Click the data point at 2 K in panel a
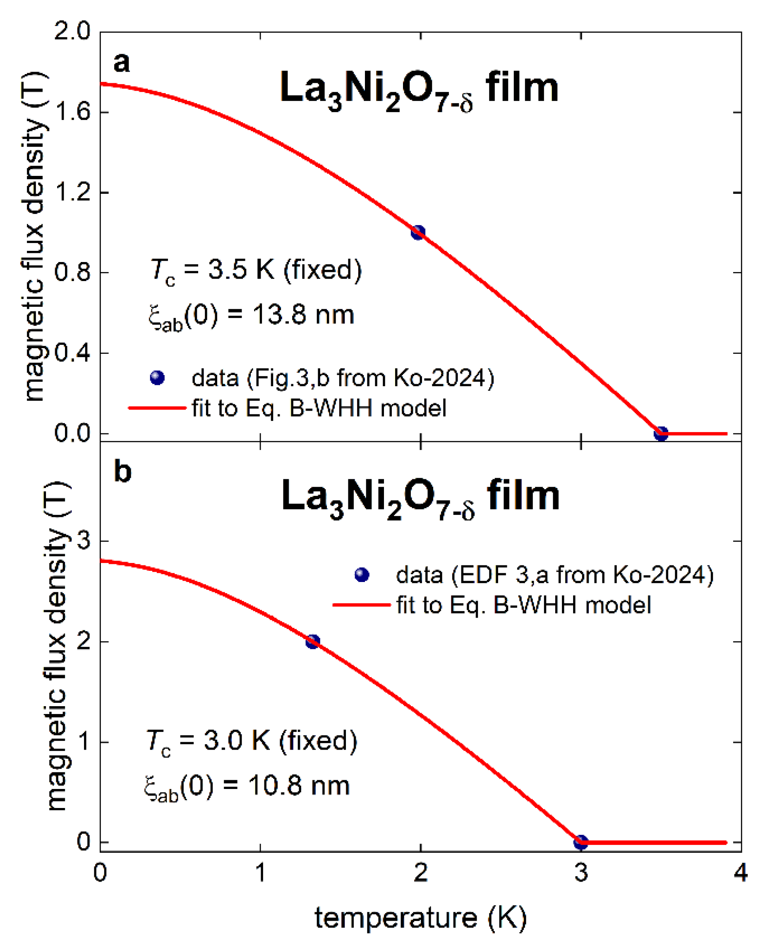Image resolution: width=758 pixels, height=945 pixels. point(417,232)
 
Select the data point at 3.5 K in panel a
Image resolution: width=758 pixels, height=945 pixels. point(660,434)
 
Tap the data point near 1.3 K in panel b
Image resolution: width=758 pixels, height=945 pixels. point(312,642)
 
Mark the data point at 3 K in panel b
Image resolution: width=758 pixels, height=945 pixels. point(580,842)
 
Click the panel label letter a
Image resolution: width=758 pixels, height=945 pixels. point(121,62)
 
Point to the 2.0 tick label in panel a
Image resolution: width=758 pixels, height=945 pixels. point(72,31)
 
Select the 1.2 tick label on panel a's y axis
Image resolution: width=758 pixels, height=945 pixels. point(72,192)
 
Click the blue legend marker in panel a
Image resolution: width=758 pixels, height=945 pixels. point(157,378)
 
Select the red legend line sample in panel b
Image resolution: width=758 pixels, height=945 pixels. point(362,605)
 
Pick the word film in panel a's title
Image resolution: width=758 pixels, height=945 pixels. point(522,88)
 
